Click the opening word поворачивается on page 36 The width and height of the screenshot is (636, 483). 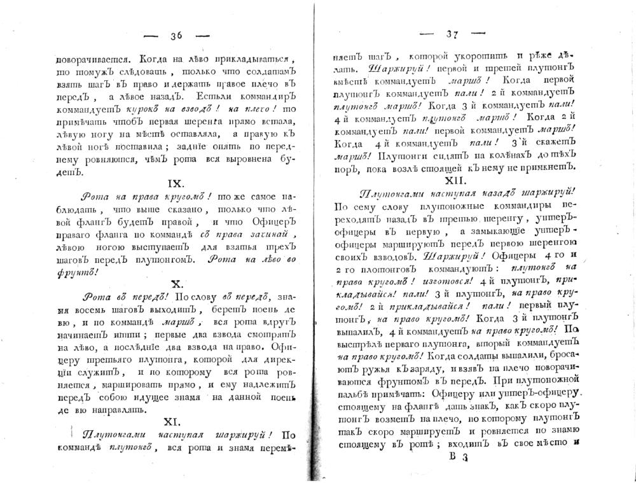click(x=86, y=56)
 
